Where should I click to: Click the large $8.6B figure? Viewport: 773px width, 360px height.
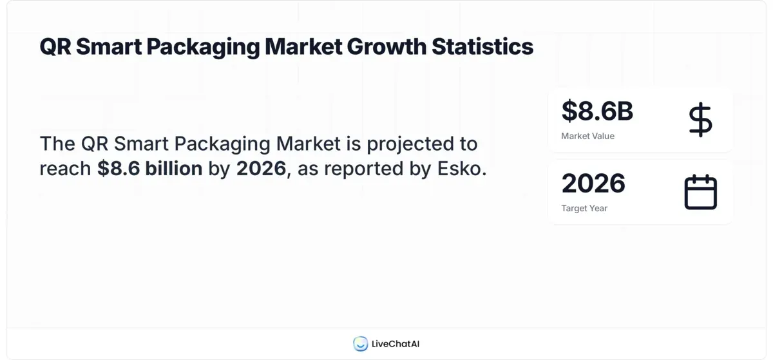point(597,111)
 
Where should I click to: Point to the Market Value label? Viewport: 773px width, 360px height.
point(587,136)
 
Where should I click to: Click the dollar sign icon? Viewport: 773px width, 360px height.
point(700,120)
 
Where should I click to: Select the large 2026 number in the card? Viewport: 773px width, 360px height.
point(593,184)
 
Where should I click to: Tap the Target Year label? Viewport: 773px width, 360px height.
point(584,208)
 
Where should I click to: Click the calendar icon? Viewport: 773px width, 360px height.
point(700,192)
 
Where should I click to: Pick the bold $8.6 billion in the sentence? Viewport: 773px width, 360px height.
point(150,169)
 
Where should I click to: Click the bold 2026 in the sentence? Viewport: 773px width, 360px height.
point(261,169)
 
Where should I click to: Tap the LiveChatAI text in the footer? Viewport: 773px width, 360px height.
point(396,344)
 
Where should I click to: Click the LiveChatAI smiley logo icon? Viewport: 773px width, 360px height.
point(360,344)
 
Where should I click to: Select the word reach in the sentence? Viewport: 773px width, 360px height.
point(65,169)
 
